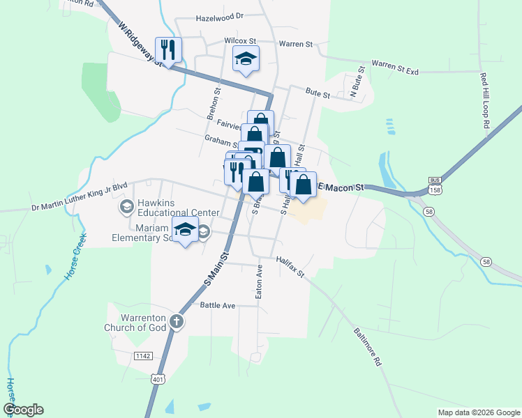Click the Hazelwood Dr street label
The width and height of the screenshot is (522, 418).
219,16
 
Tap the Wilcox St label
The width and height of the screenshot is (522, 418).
241,41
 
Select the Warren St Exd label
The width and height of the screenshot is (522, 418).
394,67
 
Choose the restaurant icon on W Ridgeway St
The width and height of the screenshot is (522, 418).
168,49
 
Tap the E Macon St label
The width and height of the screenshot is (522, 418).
342,187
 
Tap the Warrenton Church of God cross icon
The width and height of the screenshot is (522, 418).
177,321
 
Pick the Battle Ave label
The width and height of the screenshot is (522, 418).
218,305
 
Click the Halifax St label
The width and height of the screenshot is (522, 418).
290,266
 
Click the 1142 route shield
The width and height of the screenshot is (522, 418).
143,355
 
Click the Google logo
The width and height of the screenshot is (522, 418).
23,410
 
